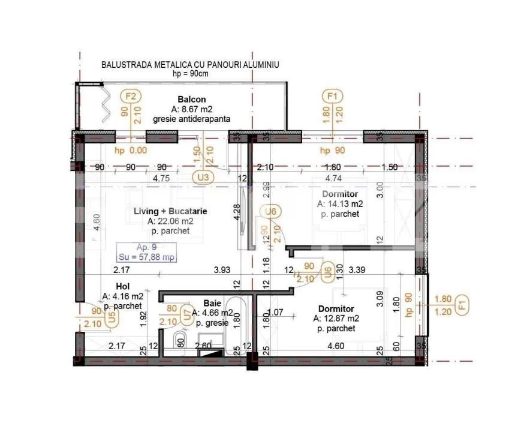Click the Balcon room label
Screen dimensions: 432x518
pos(192,99)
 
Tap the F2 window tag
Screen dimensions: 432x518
pos(131,96)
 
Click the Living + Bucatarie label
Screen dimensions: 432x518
pos(170,211)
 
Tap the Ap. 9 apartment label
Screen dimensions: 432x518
pos(147,247)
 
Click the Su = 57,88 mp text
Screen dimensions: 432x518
pos(147,257)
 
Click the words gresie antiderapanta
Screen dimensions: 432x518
pos(192,119)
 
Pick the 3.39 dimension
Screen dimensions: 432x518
pos(358,270)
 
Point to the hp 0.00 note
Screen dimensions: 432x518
pos(130,151)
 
